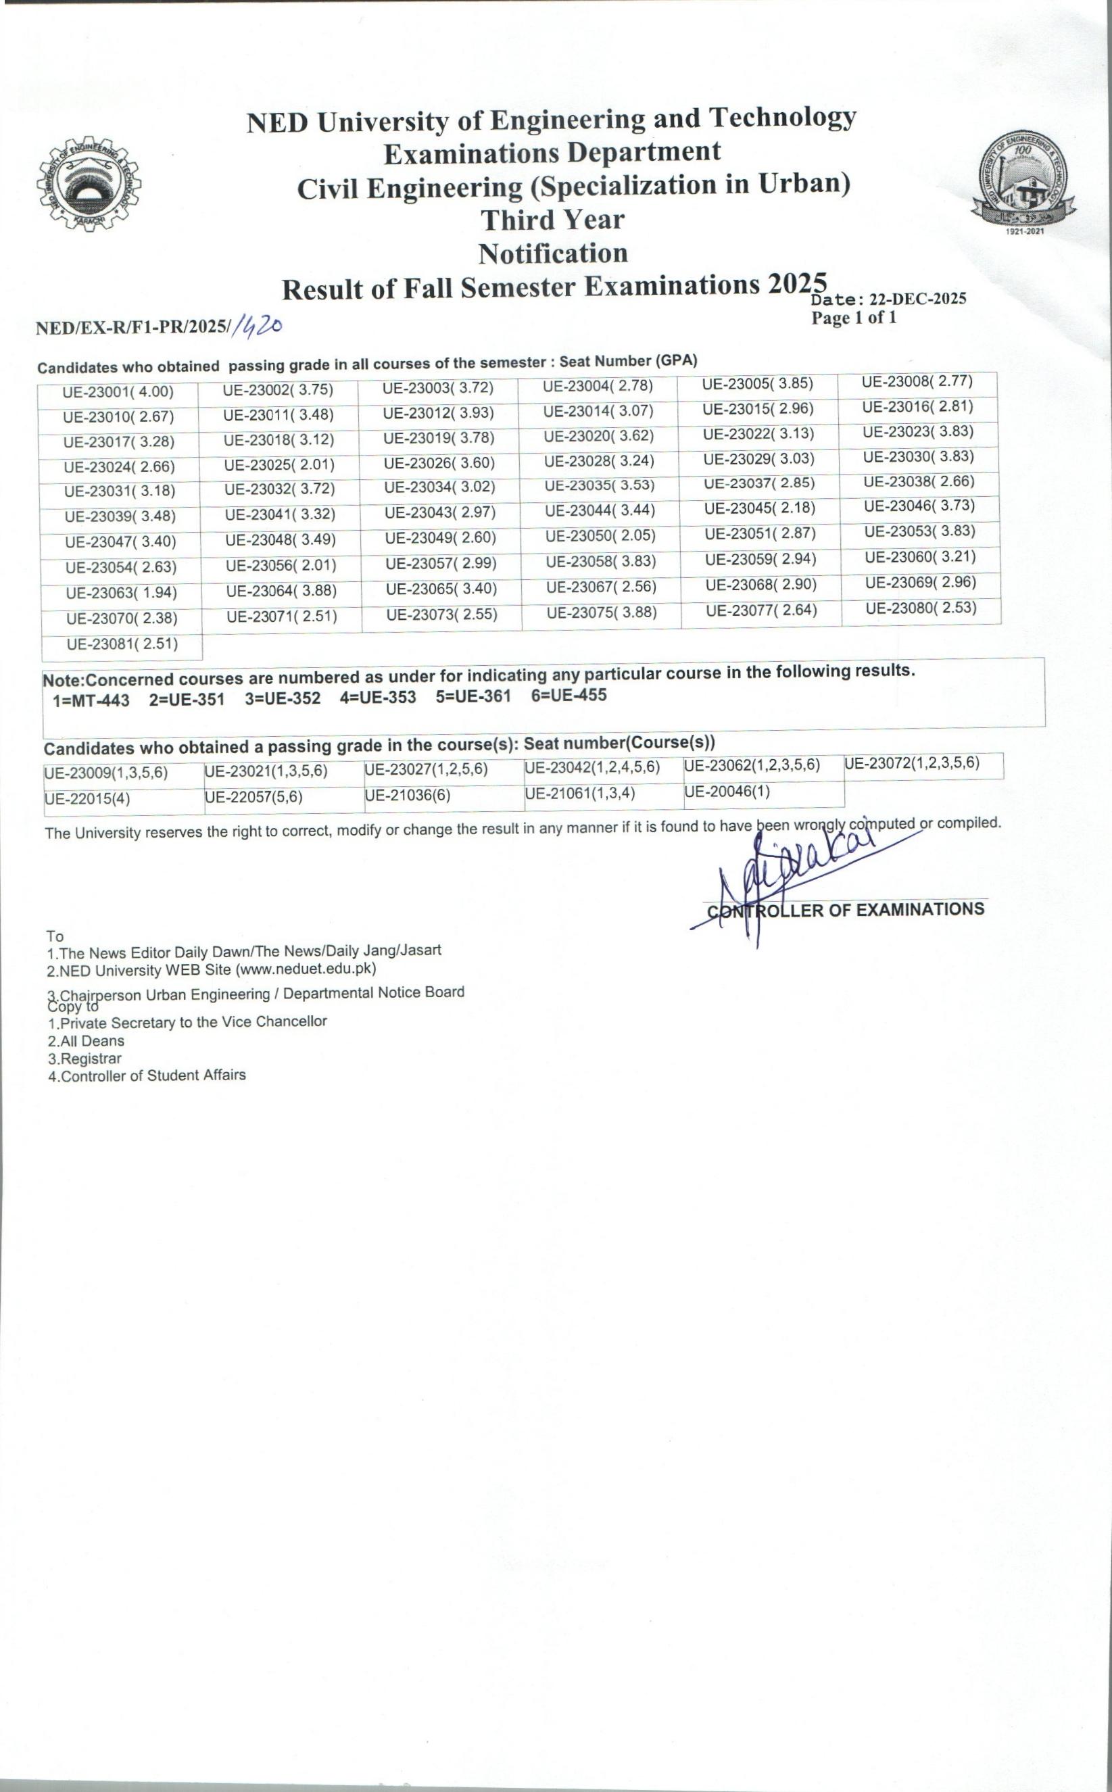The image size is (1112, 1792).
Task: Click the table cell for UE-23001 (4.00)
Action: pos(118,392)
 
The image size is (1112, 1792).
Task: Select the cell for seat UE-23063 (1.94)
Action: pos(122,593)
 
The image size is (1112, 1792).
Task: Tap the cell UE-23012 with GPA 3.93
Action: pos(438,413)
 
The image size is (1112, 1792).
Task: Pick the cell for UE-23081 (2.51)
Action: pos(123,644)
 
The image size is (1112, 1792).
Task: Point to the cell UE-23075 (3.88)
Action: pos(602,612)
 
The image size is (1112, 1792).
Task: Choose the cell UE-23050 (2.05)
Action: pos(600,535)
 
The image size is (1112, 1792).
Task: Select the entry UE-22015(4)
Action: pos(87,798)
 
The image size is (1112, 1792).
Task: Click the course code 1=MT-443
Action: pos(91,700)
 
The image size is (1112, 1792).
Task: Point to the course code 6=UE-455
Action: pos(569,695)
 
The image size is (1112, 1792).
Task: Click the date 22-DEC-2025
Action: pos(917,299)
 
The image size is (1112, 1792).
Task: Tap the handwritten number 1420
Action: pos(258,326)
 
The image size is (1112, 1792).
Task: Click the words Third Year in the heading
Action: pos(552,220)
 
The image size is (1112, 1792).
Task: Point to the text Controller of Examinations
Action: pos(846,910)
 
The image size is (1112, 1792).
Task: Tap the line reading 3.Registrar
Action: pos(84,1059)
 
